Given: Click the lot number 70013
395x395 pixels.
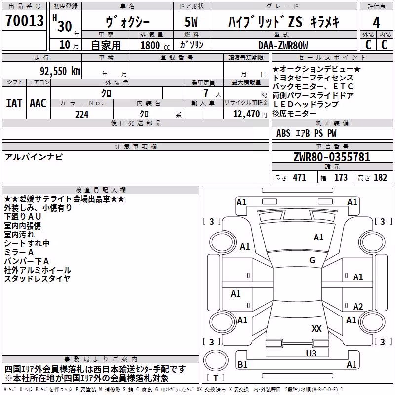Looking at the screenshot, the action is [x=24, y=20].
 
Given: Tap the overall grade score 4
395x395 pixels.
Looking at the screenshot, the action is [x=376, y=22].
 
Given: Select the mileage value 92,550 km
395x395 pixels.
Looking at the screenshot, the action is [x=60, y=71].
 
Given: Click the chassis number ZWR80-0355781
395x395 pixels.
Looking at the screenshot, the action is [x=332, y=157].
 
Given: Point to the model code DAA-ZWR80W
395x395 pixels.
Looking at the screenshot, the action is [x=283, y=45].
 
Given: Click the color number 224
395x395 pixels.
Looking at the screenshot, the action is [x=82, y=114].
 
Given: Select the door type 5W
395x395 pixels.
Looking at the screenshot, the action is [x=191, y=22].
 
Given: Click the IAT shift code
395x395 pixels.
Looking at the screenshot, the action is [x=14, y=103].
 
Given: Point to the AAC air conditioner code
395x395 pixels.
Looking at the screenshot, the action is [x=38, y=103].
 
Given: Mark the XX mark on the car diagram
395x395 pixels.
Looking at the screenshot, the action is [x=316, y=328].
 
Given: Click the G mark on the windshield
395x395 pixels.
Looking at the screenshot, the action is [x=312, y=260].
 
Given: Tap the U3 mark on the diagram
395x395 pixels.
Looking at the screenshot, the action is [x=311, y=354].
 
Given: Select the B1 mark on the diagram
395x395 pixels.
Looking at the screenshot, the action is [x=242, y=364].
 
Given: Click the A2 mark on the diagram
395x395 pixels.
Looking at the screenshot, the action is [x=358, y=306].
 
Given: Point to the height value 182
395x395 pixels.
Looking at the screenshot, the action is [x=380, y=178].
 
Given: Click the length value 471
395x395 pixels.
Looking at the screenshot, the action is [x=300, y=178].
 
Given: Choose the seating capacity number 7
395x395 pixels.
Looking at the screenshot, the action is [x=206, y=93].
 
